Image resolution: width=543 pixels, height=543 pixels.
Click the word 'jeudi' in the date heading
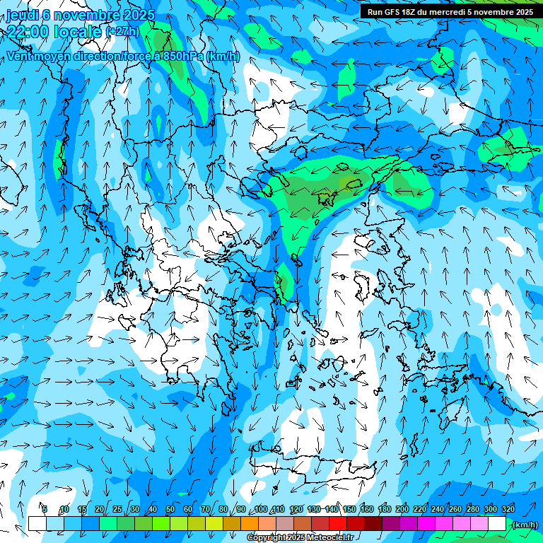22,16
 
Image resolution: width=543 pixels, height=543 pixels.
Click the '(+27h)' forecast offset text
122,31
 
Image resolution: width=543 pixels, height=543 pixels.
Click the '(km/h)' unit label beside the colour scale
525,525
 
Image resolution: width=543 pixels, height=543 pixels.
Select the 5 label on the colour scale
45,509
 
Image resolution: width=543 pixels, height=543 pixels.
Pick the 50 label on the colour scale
170,509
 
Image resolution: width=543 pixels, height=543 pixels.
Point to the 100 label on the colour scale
260,509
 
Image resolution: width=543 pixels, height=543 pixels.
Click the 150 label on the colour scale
349,509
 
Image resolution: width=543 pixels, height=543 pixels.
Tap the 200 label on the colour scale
402,509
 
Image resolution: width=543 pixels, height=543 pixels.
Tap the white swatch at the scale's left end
37,524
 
